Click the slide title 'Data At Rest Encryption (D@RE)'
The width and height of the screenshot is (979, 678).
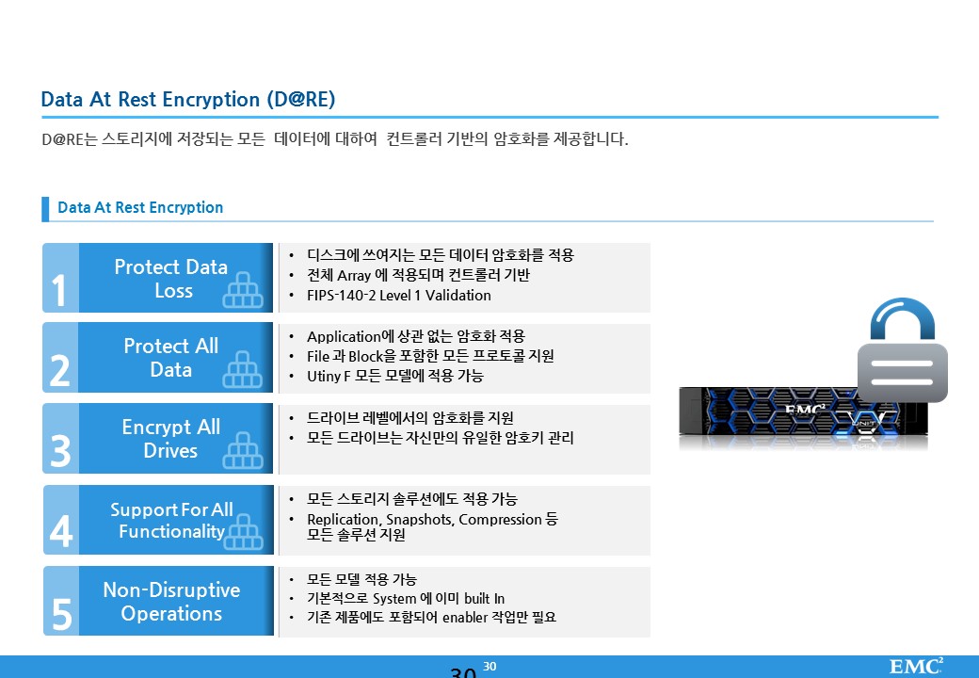pos(188,99)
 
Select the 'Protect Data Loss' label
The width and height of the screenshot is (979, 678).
pos(171,279)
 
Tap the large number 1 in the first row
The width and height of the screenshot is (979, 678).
pos(58,290)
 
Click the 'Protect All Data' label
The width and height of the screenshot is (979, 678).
pos(171,358)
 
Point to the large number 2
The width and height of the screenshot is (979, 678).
pos(60,371)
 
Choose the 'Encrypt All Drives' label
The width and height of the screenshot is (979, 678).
pos(171,438)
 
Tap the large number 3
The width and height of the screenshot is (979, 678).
pos(60,451)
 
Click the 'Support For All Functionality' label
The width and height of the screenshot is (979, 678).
pos(171,520)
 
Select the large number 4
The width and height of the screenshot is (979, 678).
pos(61,532)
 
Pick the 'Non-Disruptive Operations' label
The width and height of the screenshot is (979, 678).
pos(171,601)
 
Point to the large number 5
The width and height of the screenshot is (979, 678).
pos(62,614)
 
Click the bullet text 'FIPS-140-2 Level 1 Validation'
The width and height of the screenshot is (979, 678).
pos(399,296)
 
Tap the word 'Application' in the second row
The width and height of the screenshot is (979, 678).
pos(344,336)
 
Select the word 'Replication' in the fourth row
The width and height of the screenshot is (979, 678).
pos(343,520)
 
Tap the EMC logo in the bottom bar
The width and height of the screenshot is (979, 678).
pos(916,666)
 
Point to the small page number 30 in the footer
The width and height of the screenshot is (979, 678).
pos(490,667)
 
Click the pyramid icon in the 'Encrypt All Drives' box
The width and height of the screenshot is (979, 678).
pos(243,450)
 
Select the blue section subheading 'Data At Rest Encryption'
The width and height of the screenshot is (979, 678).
pos(140,207)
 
